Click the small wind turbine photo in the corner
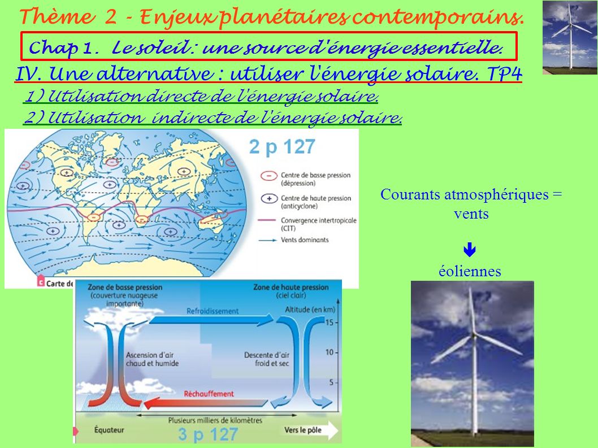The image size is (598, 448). pyautogui.click(x=570, y=37)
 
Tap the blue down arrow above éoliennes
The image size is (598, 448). pyautogui.click(x=470, y=250)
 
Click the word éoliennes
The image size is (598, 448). pyautogui.click(x=470, y=271)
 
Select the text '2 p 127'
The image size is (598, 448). pyautogui.click(x=282, y=147)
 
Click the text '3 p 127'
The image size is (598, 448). pyautogui.click(x=208, y=434)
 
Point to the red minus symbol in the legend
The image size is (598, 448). pyautogui.click(x=269, y=176)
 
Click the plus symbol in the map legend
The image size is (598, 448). pyautogui.click(x=269, y=199)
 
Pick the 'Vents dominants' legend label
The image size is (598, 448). pyautogui.click(x=305, y=240)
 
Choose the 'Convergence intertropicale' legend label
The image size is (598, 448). pyautogui.click(x=318, y=224)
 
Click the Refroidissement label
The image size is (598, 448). pyautogui.click(x=213, y=311)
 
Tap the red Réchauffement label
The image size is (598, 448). pyautogui.click(x=209, y=393)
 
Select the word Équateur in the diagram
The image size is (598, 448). pyautogui.click(x=109, y=430)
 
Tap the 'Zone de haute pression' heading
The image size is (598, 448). pyautogui.click(x=291, y=287)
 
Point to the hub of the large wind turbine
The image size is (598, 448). pyautogui.click(x=474, y=335)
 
